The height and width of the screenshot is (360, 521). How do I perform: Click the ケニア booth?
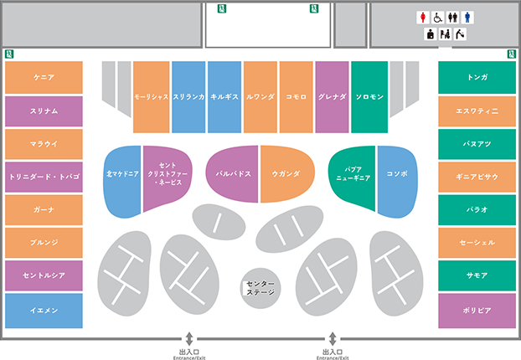tap(44, 77)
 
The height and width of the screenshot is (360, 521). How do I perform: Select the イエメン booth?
tap(44, 311)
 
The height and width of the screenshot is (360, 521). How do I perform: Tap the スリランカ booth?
tap(188, 97)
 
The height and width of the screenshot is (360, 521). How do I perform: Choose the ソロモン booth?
tap(369, 97)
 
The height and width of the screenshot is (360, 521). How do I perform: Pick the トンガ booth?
tap(477, 77)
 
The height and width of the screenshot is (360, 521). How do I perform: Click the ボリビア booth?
tap(477, 311)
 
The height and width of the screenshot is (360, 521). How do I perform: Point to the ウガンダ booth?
tap(286, 173)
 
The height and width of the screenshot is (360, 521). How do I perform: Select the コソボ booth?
tap(397, 181)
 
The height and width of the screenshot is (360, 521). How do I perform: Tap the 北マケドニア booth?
tap(122, 181)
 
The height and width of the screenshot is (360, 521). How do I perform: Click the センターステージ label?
tap(260, 288)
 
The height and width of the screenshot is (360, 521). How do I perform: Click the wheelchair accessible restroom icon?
tap(438, 18)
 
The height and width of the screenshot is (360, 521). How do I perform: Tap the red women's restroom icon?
tap(423, 18)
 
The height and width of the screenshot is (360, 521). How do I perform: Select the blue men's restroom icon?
tap(467, 18)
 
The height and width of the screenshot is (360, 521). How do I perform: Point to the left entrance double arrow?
tap(189, 339)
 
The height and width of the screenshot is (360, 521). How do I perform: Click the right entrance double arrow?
tap(333, 339)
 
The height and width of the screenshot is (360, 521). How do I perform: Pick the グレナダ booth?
tap(332, 97)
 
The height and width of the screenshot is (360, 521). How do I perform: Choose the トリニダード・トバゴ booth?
tap(44, 177)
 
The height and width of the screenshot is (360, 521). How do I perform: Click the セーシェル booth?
tap(477, 243)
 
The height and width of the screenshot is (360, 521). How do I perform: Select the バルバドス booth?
tap(233, 173)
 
